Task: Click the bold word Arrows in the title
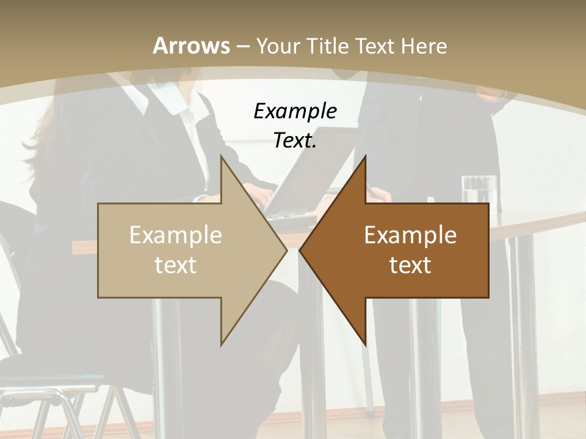(191, 46)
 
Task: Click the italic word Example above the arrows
(295, 112)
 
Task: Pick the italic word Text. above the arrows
(295, 141)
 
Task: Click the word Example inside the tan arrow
(175, 235)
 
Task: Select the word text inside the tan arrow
(175, 265)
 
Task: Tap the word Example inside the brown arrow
(410, 235)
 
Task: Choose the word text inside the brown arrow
(410, 265)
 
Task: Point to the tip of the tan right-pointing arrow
(286, 251)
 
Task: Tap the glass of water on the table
(479, 188)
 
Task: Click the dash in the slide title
(242, 46)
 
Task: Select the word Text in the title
(374, 46)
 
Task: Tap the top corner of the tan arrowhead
(222, 157)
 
